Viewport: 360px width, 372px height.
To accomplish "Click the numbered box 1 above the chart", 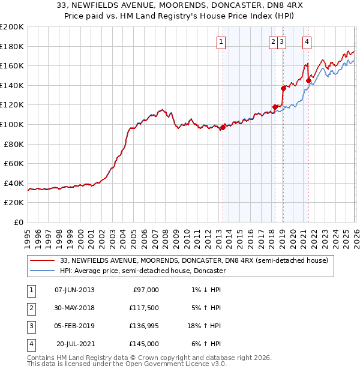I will [x=221, y=42].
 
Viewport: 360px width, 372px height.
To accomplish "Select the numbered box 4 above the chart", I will [x=307, y=42].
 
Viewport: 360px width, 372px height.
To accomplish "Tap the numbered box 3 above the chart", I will [x=282, y=42].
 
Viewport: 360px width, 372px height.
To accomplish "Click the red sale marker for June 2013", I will [x=223, y=127].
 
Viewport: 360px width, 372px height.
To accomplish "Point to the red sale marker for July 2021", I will [x=308, y=80].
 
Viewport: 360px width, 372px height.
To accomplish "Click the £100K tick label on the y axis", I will [x=12, y=124].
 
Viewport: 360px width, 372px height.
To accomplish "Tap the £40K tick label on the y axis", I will [x=14, y=183].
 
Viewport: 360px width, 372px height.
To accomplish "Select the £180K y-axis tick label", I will [x=12, y=46].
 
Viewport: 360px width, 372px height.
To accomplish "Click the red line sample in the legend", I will [x=43, y=261].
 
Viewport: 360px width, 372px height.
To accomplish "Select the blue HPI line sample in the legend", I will [x=43, y=271].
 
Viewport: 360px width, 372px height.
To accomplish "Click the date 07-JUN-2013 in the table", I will [x=74, y=290].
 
